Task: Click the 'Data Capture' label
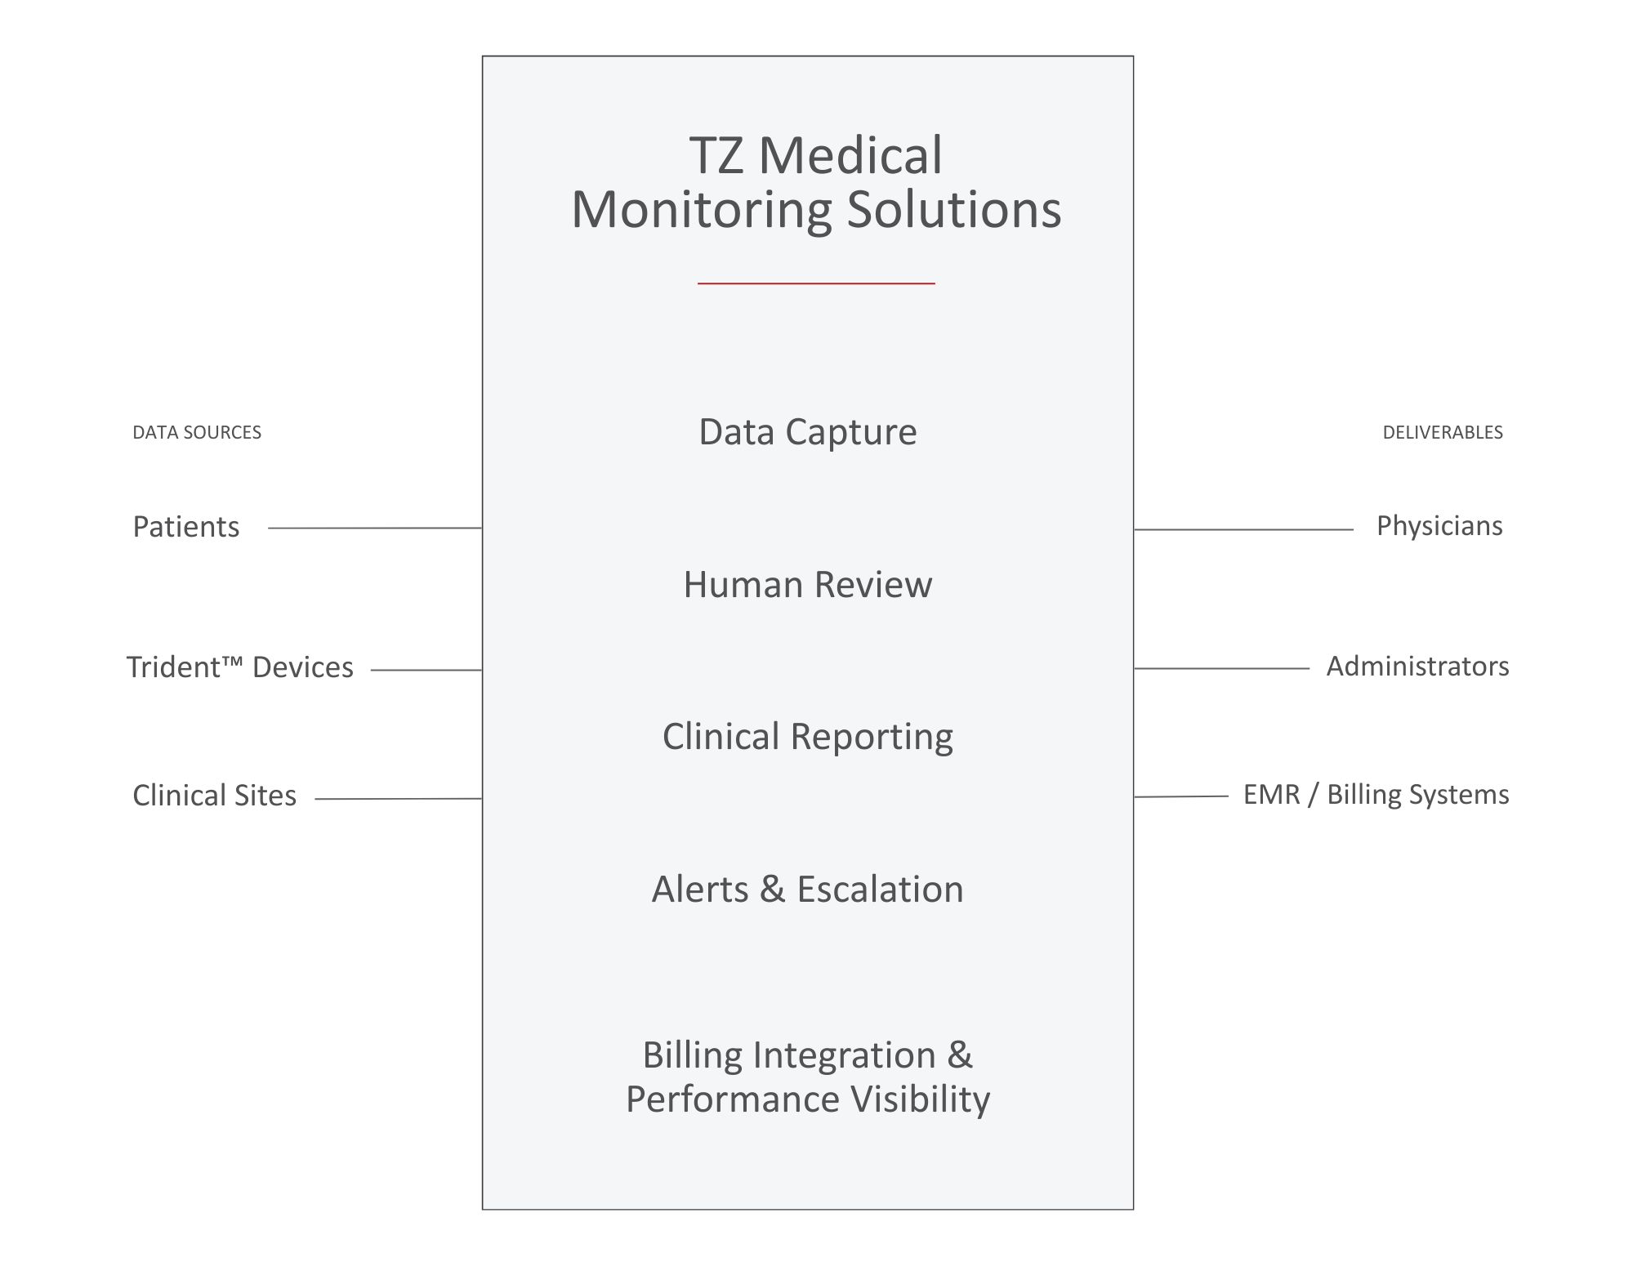pyautogui.click(x=807, y=432)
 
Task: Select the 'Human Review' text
pyautogui.click(x=807, y=585)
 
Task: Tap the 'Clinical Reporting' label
pyautogui.click(x=807, y=737)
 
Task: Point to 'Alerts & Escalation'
pyautogui.click(x=807, y=890)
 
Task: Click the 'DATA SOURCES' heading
pyautogui.click(x=197, y=432)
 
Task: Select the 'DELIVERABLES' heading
pyautogui.click(x=1442, y=432)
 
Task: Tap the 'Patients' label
pyautogui.click(x=186, y=527)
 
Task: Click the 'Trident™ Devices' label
pyautogui.click(x=239, y=667)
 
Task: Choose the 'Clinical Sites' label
pyautogui.click(x=214, y=796)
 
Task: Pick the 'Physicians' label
pyautogui.click(x=1439, y=526)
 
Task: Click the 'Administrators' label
pyautogui.click(x=1417, y=667)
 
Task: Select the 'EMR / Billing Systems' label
pyautogui.click(x=1376, y=795)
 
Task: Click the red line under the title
pyautogui.click(x=815, y=283)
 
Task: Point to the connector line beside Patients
pyautogui.click(x=374, y=528)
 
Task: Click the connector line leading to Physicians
pyautogui.click(x=1243, y=529)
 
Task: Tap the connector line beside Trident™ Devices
pyautogui.click(x=425, y=670)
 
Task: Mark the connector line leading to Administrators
pyautogui.click(x=1222, y=668)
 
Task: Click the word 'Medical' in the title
pyautogui.click(x=850, y=155)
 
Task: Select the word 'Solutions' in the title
pyautogui.click(x=953, y=209)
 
